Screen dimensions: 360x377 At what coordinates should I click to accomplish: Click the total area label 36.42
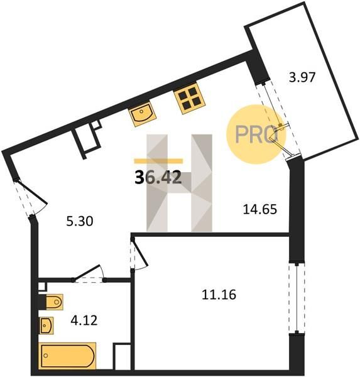click(158, 178)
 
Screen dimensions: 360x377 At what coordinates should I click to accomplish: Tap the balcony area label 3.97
click(302, 78)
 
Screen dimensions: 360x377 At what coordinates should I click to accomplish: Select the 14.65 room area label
click(260, 209)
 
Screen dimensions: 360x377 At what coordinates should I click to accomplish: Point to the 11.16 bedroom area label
click(219, 295)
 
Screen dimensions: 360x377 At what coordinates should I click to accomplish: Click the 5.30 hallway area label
click(80, 221)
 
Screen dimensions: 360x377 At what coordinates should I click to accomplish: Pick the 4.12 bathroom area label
click(84, 320)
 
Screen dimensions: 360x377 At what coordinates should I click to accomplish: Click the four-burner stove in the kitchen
click(190, 98)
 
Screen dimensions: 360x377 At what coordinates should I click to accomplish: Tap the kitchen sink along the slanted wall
click(142, 114)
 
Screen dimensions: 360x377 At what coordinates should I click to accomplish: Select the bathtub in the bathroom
click(67, 356)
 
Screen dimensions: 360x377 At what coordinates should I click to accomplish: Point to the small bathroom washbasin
click(46, 325)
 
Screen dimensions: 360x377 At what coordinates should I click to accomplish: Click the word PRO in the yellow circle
click(256, 134)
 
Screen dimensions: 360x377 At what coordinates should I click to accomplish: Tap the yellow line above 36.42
click(158, 161)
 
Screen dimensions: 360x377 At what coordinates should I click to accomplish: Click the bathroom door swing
click(89, 273)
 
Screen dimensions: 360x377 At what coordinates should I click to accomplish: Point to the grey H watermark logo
click(180, 183)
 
